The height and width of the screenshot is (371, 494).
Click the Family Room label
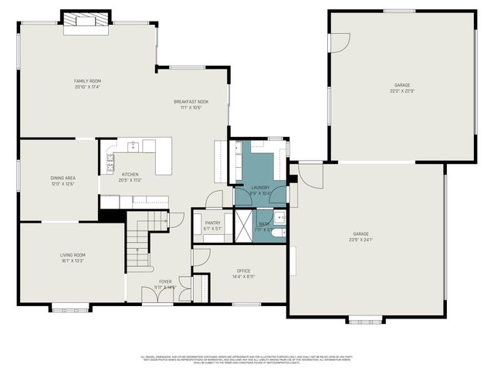point(87,81)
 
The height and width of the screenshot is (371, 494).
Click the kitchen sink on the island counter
point(133,145)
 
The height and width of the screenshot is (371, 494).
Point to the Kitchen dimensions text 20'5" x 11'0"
point(130,181)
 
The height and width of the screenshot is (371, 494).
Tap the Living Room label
point(73,255)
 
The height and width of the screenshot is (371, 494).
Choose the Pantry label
point(211,223)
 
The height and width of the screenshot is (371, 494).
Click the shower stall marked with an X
point(243,224)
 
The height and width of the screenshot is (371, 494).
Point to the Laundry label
point(260,187)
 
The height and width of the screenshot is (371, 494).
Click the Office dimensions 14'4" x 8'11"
point(244,276)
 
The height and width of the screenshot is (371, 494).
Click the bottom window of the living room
point(62,311)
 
